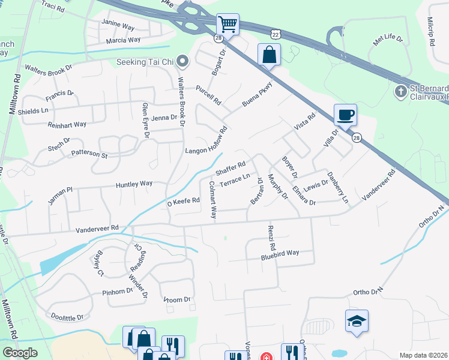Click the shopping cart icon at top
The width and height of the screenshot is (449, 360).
[228, 25]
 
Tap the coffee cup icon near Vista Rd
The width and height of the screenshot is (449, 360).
[345, 115]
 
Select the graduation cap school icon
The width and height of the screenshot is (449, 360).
[357, 321]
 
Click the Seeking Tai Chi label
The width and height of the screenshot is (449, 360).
[149, 62]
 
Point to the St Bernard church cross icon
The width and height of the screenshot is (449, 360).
[400, 92]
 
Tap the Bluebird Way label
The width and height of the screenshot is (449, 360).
[279, 254]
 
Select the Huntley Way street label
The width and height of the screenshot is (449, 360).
[134, 185]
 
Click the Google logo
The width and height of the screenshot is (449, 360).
[20, 353]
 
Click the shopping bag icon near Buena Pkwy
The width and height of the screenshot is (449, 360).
[269, 55]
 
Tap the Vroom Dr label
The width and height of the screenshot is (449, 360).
[176, 299]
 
